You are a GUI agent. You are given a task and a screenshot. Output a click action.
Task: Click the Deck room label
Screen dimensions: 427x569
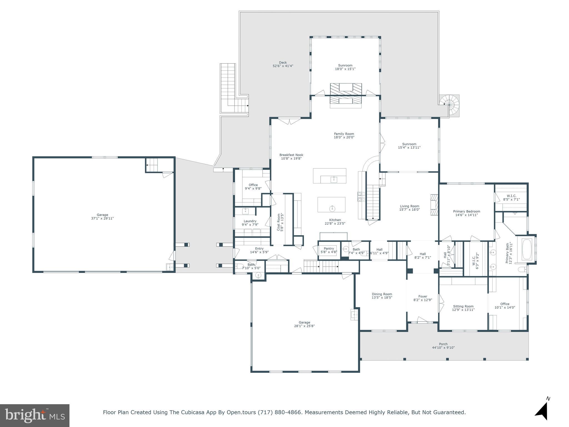point(283,63)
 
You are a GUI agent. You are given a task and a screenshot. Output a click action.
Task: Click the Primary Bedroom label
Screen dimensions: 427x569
point(466,211)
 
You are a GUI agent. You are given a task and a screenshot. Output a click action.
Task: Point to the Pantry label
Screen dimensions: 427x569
point(329,249)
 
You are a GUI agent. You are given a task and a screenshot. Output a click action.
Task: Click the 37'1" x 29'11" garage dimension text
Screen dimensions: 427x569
point(102,218)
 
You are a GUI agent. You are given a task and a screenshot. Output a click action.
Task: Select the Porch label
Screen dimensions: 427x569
point(443,344)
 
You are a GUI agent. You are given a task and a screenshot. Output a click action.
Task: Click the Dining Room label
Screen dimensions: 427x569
point(382,294)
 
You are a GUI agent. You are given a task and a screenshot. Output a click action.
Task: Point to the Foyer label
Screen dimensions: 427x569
point(423,296)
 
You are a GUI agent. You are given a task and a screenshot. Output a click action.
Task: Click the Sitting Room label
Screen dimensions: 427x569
point(463,306)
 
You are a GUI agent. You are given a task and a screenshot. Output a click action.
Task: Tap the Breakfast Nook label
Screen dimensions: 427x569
point(291,155)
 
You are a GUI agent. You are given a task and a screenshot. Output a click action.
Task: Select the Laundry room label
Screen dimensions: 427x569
point(250,221)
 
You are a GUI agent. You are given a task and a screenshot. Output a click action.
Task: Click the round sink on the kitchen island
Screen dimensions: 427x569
point(332,208)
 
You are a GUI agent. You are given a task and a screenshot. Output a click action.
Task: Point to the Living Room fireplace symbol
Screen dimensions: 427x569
point(434,205)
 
